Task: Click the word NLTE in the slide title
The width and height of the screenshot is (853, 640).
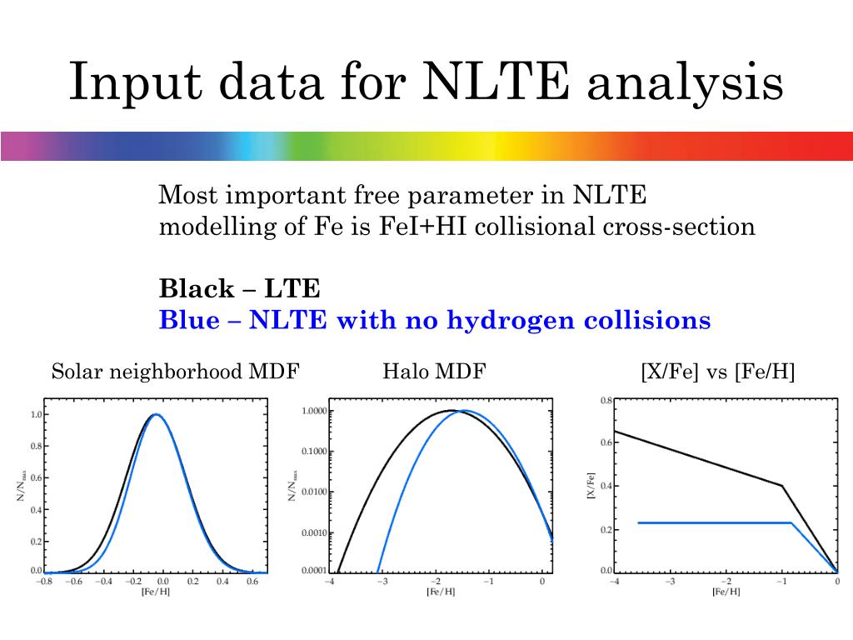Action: point(497,82)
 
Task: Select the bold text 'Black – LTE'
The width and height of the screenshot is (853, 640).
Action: point(240,289)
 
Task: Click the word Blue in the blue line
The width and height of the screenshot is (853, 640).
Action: point(188,320)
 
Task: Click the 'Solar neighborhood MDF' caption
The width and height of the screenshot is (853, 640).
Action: point(175,372)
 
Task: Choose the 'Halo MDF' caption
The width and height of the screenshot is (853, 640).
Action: point(433,372)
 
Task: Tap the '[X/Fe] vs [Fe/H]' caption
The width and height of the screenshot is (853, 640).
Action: point(718,372)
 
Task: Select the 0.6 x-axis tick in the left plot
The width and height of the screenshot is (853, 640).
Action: point(252,582)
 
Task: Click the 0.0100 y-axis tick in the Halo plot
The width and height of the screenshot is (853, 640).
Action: point(314,492)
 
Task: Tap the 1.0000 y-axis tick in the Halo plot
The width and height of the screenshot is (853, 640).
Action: point(314,411)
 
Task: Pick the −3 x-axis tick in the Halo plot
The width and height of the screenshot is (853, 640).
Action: point(382,582)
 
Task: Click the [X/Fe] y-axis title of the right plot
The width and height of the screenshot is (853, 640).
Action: point(592,485)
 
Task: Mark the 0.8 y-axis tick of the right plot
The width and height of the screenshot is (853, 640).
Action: point(606,401)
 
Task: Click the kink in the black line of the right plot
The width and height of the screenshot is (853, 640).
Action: point(782,486)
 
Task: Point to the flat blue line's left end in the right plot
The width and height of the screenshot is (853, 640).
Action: point(638,522)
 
